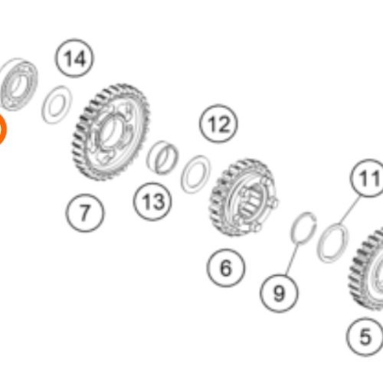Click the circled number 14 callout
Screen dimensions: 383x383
coord(74,58)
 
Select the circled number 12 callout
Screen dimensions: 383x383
coord(218,123)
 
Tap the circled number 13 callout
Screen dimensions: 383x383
coord(152,201)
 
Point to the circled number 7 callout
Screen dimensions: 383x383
coord(85,213)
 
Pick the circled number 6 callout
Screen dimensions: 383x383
coord(226,268)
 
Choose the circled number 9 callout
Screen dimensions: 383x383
coord(279,293)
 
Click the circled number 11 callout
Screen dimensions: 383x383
coord(368,178)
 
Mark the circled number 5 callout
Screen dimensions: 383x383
coord(365,337)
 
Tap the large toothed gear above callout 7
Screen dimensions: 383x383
coord(110,132)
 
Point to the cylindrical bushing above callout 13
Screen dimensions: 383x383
coord(162,157)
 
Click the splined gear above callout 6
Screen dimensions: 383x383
coord(244,198)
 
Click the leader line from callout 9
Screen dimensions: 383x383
coord(292,258)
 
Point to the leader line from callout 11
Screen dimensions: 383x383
coord(350,210)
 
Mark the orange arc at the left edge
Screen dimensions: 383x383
coord(2,129)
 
